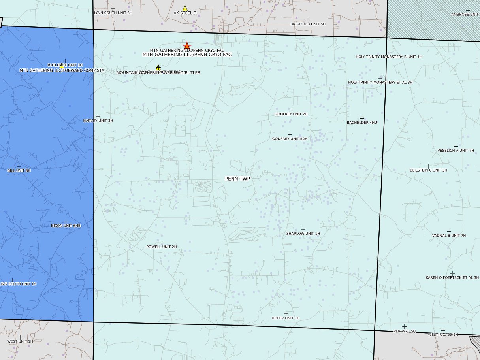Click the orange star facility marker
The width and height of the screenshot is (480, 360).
pos(187,46)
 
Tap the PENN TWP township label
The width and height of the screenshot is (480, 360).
pos(237,179)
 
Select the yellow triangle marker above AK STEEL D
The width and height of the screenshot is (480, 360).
pos(185,8)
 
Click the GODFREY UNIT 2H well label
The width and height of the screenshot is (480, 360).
pos(291,114)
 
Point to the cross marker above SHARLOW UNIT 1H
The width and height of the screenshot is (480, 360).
pos(303,229)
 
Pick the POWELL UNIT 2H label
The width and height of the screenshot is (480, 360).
pos(162,247)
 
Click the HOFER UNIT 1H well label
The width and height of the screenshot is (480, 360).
pos(286,318)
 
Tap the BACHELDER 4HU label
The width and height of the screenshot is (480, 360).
pos(362,123)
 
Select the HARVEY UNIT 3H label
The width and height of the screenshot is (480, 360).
pos(98,121)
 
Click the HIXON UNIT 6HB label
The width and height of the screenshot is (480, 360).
pos(66,226)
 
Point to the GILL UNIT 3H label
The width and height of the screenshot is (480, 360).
pos(19,171)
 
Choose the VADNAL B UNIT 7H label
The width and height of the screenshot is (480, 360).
pos(449,236)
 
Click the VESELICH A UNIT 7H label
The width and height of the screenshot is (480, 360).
pos(456,151)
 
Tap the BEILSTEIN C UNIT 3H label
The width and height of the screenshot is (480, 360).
pos(428,170)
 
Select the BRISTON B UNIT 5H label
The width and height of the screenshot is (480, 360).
pos(308,24)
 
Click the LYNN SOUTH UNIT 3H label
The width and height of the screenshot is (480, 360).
pos(113,13)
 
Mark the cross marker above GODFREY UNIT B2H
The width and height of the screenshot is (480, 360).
pos(290,135)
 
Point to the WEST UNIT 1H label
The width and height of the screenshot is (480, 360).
pos(20,341)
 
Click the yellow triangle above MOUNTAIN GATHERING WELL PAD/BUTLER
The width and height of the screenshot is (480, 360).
pos(158,68)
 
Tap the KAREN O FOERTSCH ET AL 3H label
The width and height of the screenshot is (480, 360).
pos(452,278)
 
